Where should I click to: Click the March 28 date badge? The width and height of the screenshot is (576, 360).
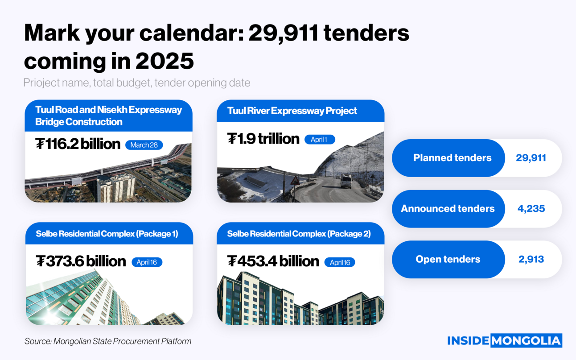[144, 145]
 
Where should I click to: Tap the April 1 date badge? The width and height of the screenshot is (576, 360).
[319, 140]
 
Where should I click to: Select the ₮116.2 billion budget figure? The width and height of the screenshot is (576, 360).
[78, 144]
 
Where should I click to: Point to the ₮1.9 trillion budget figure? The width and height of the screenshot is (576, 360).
[263, 139]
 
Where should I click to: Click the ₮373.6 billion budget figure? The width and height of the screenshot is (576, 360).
[81, 261]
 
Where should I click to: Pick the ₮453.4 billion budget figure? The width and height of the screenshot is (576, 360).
[273, 261]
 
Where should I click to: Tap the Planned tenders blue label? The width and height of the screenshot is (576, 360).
[452, 157]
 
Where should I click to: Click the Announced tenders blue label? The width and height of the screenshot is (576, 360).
[448, 208]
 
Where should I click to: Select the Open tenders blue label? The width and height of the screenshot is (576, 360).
[448, 259]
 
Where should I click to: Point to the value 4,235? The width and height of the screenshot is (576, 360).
[531, 208]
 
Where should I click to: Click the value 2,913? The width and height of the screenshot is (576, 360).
[531, 259]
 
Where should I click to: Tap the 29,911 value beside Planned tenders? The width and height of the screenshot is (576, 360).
[531, 157]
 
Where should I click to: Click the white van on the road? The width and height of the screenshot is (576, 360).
[346, 181]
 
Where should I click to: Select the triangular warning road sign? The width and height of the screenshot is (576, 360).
[295, 180]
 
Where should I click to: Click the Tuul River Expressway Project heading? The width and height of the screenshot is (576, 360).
[292, 111]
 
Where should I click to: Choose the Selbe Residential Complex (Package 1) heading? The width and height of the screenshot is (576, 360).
[107, 234]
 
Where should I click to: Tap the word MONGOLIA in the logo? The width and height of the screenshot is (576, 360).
[526, 341]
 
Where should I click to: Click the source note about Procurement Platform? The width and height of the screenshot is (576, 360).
[108, 341]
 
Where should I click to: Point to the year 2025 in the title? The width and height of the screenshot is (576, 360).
[165, 61]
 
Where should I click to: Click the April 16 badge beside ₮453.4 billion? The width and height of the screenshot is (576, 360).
[340, 262]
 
